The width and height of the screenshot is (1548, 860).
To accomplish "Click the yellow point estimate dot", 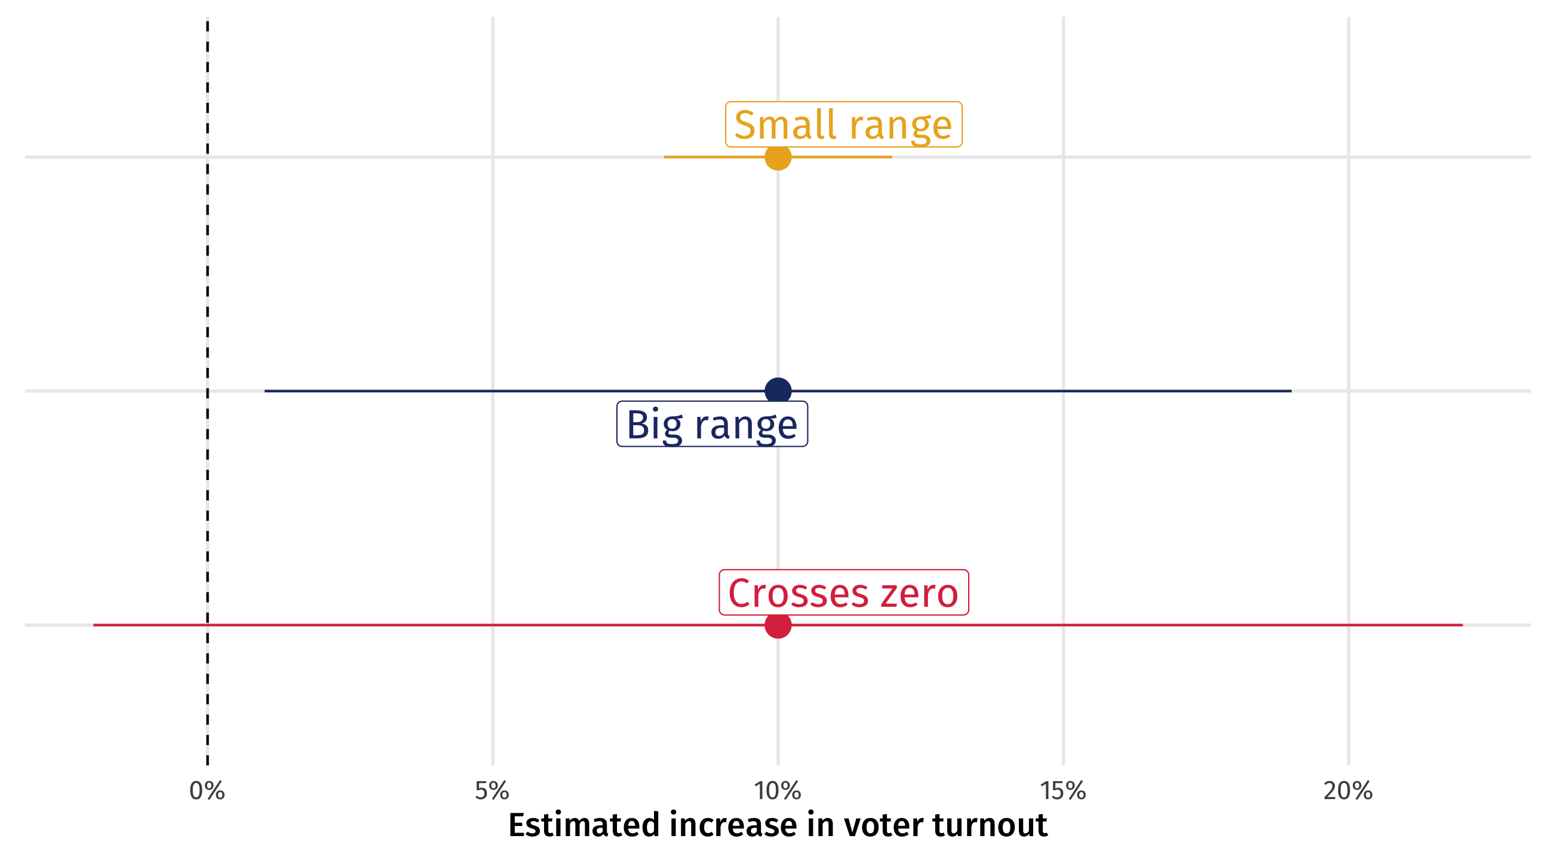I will pos(778,158).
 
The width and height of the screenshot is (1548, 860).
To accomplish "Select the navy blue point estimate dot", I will pos(778,391).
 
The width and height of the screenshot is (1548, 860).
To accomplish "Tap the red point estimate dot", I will pos(778,625).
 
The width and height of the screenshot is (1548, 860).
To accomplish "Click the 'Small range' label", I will pos(843,124).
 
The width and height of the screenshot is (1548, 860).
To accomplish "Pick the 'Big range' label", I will pos(712,424).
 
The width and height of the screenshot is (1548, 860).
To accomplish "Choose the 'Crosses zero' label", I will pos(843,592).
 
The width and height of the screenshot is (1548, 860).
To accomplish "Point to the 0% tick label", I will pos(207,791).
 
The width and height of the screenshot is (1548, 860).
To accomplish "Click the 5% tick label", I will pos(492,791).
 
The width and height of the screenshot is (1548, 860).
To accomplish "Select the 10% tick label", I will pos(778,791).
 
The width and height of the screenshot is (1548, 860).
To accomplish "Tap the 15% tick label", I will pos(1063,791).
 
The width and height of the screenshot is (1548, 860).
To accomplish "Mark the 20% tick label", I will pos(1348,791).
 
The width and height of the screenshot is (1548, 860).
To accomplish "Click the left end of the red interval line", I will pos(94,625).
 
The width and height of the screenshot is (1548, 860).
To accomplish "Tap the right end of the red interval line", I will pos(1461,625).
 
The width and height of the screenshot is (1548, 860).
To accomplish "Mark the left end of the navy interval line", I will pos(266,391).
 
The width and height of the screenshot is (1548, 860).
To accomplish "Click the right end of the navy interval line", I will pos(1290,391).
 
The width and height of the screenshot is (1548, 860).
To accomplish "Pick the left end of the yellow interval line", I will pos(665,158).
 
